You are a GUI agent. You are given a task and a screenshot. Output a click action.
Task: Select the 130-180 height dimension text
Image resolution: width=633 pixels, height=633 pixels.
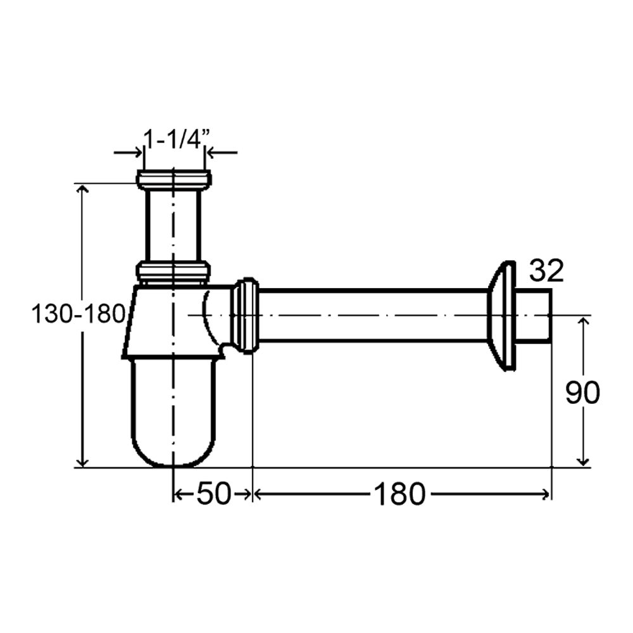click(x=78, y=314)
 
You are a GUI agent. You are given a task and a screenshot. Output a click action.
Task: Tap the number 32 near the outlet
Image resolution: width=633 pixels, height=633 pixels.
click(x=546, y=271)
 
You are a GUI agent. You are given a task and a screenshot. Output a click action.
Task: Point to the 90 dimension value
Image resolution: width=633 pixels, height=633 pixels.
click(x=582, y=393)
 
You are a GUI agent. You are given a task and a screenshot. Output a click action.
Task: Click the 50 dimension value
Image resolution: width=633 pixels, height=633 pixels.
click(x=214, y=494)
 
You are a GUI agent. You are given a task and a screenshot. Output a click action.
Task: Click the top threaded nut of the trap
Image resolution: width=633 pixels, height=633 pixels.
click(x=173, y=180)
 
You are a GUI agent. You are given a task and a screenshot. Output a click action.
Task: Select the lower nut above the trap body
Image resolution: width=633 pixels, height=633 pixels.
click(x=173, y=271)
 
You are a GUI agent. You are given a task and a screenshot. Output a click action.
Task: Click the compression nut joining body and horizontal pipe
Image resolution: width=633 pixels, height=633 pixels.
click(x=244, y=315)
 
